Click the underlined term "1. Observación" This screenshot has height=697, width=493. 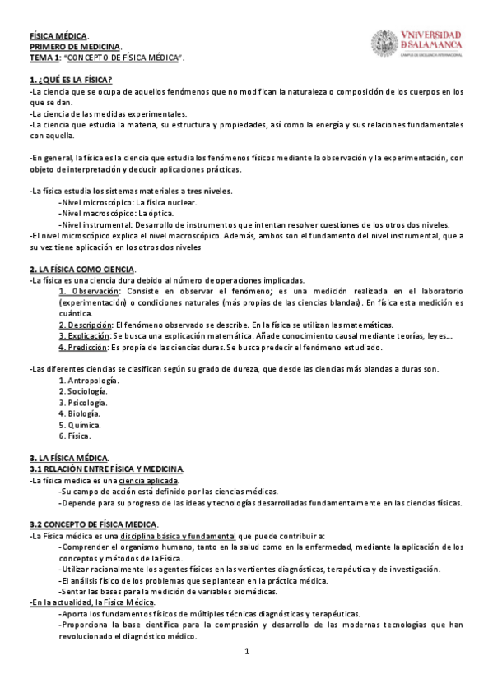(90, 291)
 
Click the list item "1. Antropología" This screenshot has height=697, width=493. (89, 380)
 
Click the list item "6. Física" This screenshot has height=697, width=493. (76, 436)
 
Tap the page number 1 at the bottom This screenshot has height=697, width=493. (246, 652)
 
